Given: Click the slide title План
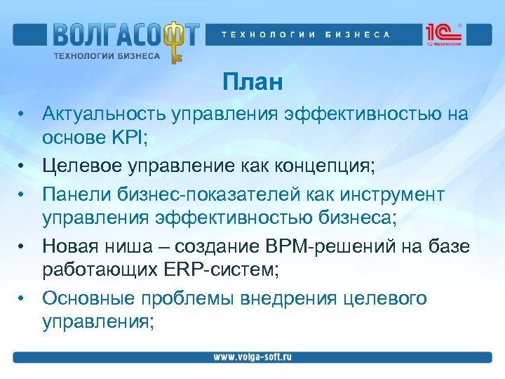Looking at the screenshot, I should pos(253,83).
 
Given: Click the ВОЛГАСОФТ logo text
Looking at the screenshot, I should pos(125,34).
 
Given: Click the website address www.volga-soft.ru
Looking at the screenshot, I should pos(252,357).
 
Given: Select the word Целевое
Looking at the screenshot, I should pos(86,166).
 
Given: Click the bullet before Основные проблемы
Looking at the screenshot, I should pos(23,298).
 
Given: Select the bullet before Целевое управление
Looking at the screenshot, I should pos(23,166).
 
